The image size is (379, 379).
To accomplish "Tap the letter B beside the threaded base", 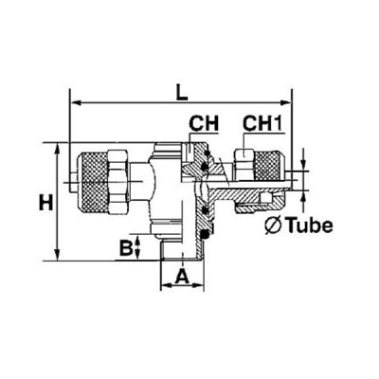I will point(124,249).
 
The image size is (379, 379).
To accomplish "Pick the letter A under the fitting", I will point(182,278).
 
